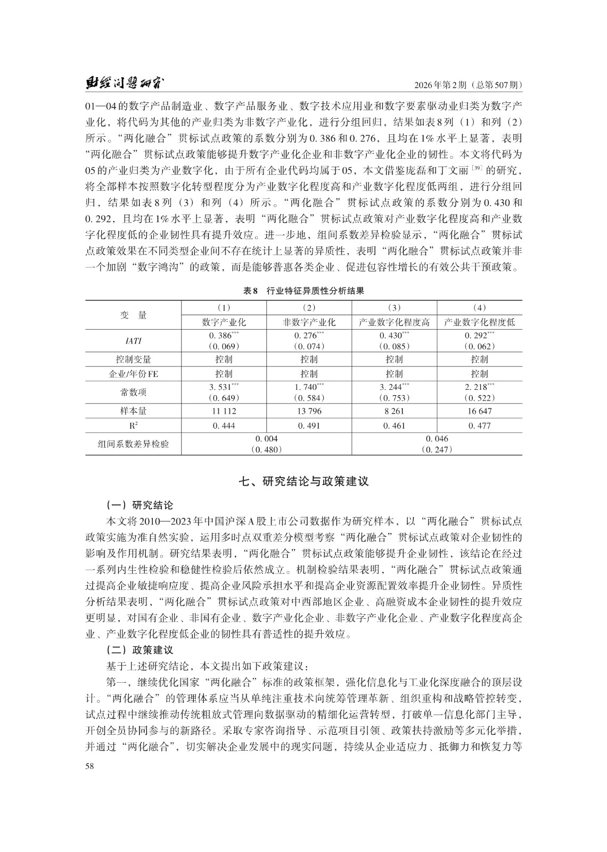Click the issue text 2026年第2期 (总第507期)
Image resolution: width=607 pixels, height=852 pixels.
coord(467,85)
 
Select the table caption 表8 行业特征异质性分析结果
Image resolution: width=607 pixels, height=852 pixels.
coord(303,291)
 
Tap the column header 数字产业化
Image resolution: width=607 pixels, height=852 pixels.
coord(224,322)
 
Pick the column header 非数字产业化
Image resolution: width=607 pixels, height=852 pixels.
coord(309,322)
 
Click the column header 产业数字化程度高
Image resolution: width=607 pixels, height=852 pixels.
coord(394,322)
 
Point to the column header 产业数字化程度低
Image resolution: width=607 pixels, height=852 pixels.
coord(479,322)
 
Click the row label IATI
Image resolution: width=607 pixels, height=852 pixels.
coord(134,341)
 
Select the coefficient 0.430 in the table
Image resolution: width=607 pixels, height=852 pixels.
coord(391,335)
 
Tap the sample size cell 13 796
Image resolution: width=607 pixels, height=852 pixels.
coord(309,411)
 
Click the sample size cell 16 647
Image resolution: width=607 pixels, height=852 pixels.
coord(479,411)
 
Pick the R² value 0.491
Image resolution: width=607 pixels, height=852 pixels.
coord(309,425)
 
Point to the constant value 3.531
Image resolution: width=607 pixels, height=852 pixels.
coord(222,387)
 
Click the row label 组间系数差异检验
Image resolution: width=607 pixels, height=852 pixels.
coord(134,444)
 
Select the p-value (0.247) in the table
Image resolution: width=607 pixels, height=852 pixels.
coord(437,449)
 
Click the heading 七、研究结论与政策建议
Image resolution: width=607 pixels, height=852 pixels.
coord(303,481)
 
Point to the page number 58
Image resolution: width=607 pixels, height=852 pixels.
coord(89,766)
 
